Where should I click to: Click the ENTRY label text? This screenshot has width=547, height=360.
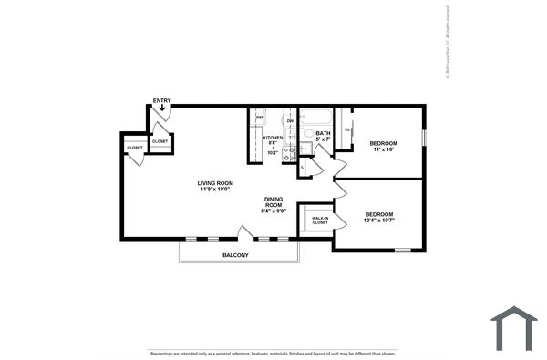pyautogui.click(x=161, y=100)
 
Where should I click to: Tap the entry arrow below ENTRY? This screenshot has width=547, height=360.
pyautogui.click(x=161, y=108)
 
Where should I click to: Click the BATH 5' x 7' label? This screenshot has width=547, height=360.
pyautogui.click(x=324, y=136)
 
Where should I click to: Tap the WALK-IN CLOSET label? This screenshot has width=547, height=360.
pyautogui.click(x=320, y=220)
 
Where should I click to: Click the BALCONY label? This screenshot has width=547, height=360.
pyautogui.click(x=235, y=255)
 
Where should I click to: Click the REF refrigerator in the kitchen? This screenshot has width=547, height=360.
pyautogui.click(x=260, y=118)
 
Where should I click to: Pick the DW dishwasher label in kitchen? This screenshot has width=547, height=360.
pyautogui.click(x=290, y=120)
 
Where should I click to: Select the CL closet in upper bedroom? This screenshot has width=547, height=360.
pyautogui.click(x=347, y=129)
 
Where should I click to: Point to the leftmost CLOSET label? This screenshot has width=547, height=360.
pyautogui.click(x=134, y=147)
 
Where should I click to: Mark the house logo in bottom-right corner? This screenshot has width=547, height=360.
pyautogui.click(x=513, y=328)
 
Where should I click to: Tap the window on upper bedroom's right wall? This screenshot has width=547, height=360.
pyautogui.click(x=424, y=137)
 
